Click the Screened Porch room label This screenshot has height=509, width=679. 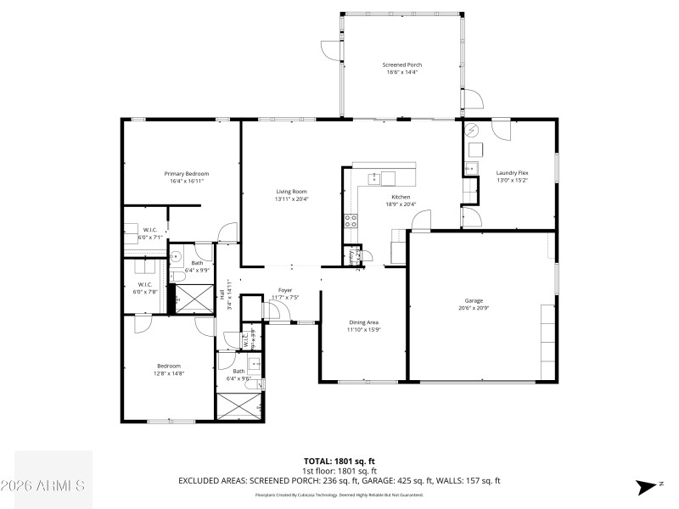(x=402, y=64)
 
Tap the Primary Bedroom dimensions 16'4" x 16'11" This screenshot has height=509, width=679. (x=187, y=181)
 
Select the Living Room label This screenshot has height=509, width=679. (x=291, y=191)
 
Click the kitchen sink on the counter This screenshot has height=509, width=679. (x=373, y=178)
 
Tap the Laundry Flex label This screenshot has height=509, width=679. (x=512, y=172)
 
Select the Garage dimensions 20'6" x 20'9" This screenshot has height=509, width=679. (x=473, y=307)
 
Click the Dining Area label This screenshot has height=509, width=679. (x=363, y=322)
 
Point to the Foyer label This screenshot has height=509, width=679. (x=285, y=290)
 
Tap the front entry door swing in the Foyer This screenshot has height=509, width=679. (x=273, y=311)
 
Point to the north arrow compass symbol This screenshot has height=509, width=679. (x=648, y=486)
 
